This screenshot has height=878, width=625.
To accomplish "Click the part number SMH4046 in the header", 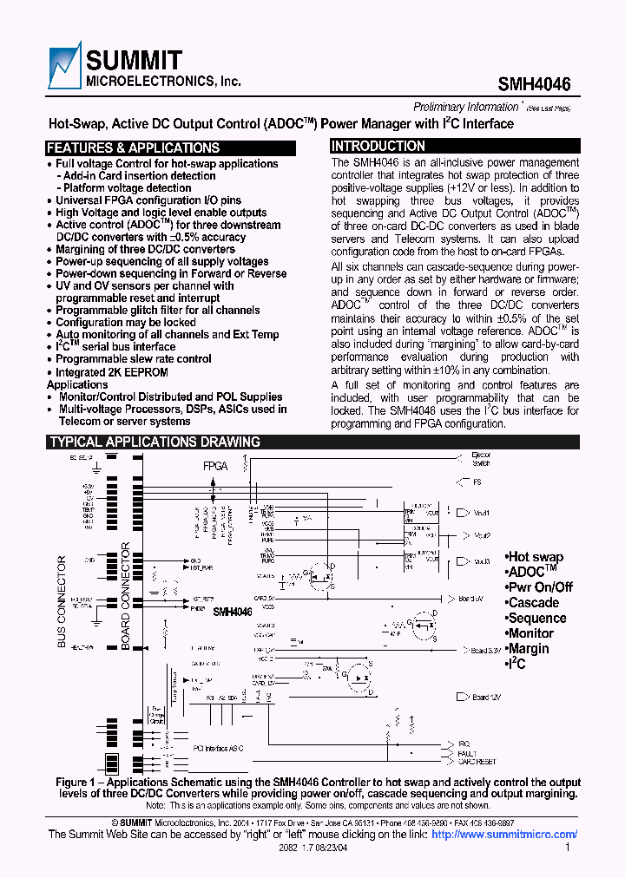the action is [534, 84].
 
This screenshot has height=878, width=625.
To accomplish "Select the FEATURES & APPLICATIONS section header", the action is [133, 147].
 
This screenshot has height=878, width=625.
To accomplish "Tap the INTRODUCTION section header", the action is [377, 147].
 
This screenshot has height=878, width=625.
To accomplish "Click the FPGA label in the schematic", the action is [215, 466].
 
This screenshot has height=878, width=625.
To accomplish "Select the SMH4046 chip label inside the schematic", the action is [232, 612].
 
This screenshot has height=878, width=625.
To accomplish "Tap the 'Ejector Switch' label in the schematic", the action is [480, 459].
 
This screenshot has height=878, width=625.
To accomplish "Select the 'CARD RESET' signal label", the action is [477, 762].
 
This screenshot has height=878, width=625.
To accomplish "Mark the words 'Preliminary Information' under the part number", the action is [465, 107].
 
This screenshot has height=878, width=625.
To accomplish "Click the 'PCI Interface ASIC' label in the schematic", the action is [218, 747].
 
